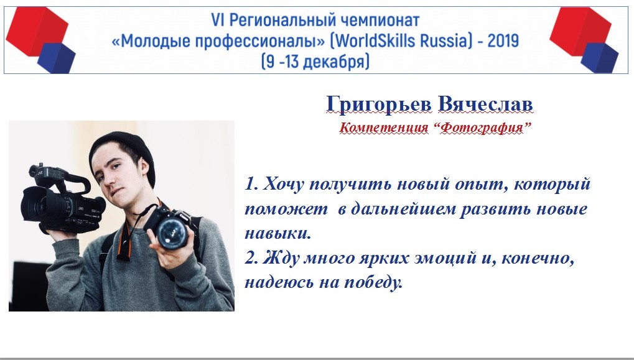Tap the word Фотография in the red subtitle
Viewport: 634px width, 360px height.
point(481,128)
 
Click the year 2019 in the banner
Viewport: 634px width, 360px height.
point(503,41)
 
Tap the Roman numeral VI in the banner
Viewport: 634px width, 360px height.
point(217,20)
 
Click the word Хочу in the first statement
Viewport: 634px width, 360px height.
point(283,184)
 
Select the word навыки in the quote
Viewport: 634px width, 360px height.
point(277,234)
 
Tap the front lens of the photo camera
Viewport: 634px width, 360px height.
point(172,233)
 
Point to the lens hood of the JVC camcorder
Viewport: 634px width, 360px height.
point(33,204)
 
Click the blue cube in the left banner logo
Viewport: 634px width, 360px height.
point(57,58)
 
